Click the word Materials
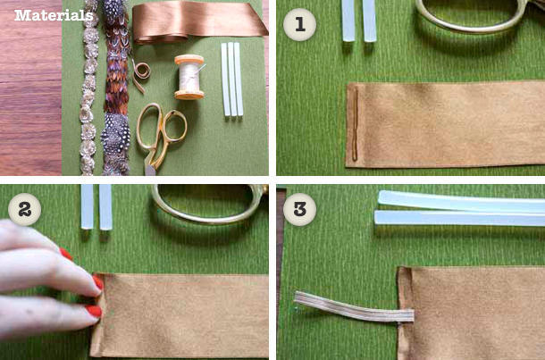point(54,15)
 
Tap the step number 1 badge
point(299,25)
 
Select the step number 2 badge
point(24,209)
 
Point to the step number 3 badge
point(299,209)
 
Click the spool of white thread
point(189,77)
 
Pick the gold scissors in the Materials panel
point(161,138)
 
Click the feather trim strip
point(116,87)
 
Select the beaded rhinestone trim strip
point(88,87)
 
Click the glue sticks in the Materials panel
point(231,80)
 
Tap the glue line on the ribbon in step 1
point(355,123)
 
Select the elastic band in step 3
point(354,306)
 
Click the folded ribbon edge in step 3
point(405,313)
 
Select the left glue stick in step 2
point(87,206)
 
